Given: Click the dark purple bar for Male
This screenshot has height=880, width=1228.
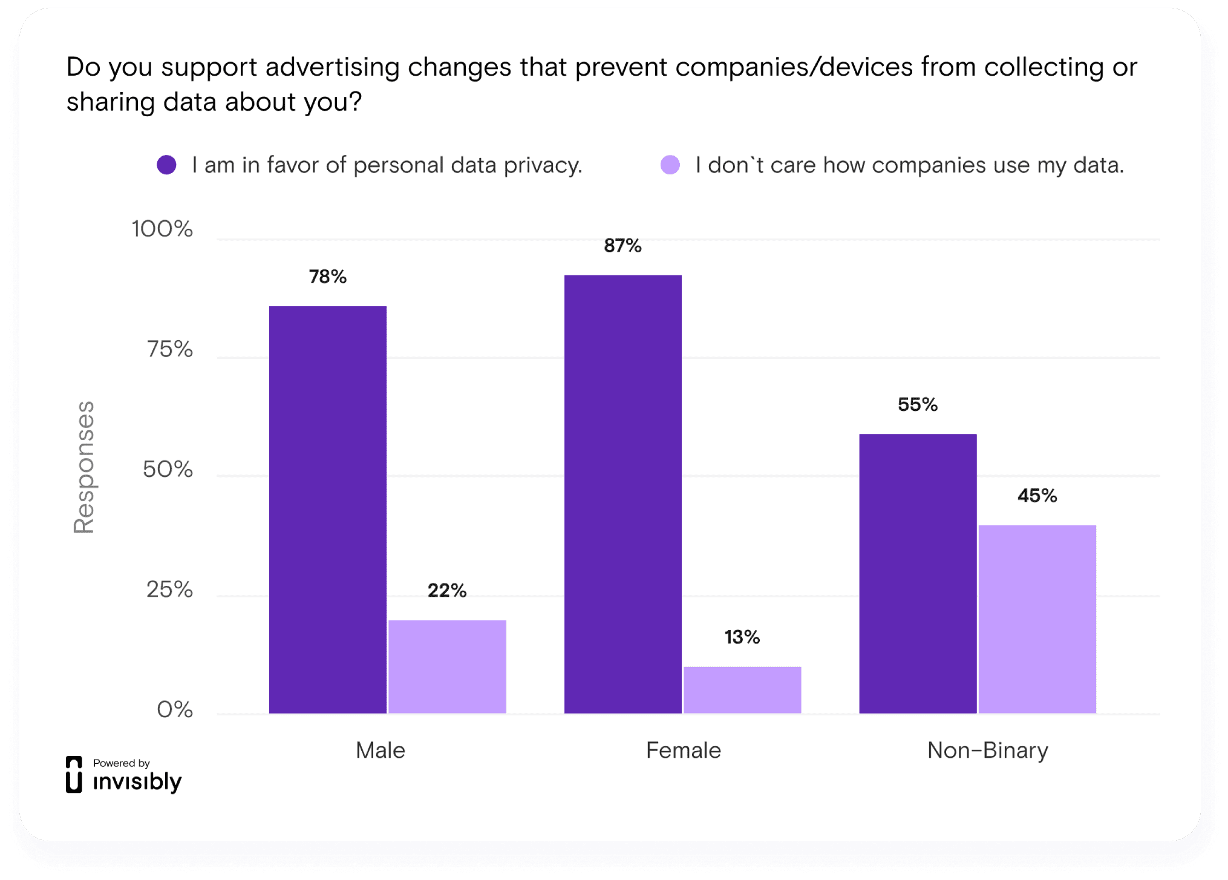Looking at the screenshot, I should pos(327,510).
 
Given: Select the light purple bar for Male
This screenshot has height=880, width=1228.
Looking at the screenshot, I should pos(447,666).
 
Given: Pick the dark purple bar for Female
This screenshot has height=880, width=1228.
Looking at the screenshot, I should pos(622,494).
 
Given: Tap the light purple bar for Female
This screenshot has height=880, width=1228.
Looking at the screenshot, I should pos(742,690).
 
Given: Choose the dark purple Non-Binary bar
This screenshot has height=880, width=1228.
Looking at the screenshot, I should pos(918,573).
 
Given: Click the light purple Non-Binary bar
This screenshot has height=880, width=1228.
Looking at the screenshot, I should pos(1037,619).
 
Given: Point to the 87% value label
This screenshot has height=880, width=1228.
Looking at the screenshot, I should pos(622,245).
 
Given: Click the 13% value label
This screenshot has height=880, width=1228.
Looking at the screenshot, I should pos(742,637).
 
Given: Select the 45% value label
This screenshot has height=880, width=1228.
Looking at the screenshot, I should pos(1037,496).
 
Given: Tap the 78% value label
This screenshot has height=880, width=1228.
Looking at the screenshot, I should pos(327,277).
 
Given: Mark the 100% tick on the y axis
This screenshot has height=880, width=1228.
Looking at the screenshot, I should pos(162,229).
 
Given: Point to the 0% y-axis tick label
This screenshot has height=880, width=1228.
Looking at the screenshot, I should pos(175,709).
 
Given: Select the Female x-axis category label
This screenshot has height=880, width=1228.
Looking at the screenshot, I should pos(683,750).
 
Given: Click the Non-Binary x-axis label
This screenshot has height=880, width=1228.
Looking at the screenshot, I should pos(987,750).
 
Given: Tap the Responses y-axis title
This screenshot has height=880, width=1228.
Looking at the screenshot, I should pos(84,467).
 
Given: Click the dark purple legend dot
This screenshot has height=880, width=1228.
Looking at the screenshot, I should pos(166,165).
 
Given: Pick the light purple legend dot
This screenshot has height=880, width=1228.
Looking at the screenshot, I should pos(670,165).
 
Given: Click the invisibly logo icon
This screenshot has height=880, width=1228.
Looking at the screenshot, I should pos(74,774).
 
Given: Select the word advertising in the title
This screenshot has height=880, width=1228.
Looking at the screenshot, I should pos(332,67).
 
